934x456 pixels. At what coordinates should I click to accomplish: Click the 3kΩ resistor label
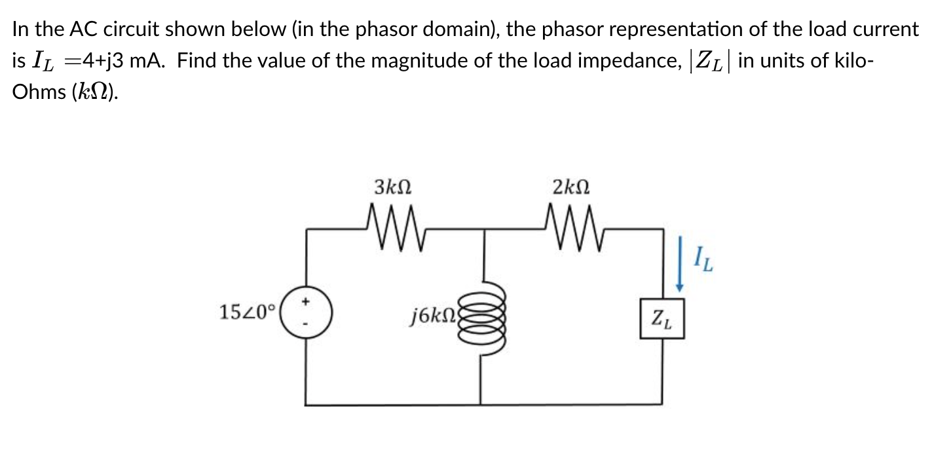[x=393, y=188]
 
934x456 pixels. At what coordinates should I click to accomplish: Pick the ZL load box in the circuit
[x=662, y=320]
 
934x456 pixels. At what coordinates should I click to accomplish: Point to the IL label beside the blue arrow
[x=703, y=263]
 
